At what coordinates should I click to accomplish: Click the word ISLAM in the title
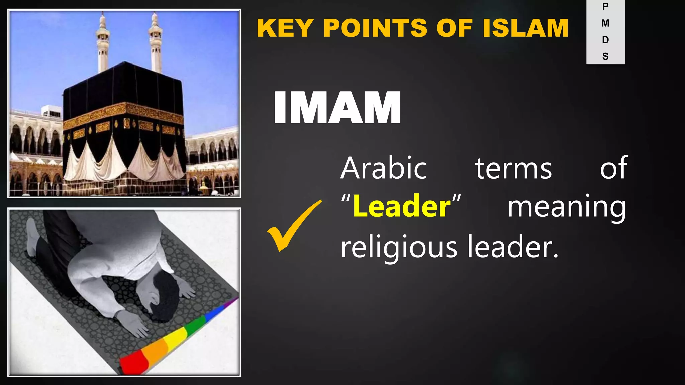525,28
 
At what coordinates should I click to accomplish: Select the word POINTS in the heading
375,28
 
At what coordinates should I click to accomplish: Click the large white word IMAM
337,108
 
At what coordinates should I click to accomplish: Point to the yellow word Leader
402,206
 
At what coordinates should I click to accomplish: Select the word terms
513,169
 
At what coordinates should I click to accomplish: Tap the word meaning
567,207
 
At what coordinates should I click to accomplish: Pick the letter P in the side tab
605,6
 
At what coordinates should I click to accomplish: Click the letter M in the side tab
605,23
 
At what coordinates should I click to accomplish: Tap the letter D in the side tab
605,40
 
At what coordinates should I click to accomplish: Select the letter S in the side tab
605,56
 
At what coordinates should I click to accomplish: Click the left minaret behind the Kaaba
103,43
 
